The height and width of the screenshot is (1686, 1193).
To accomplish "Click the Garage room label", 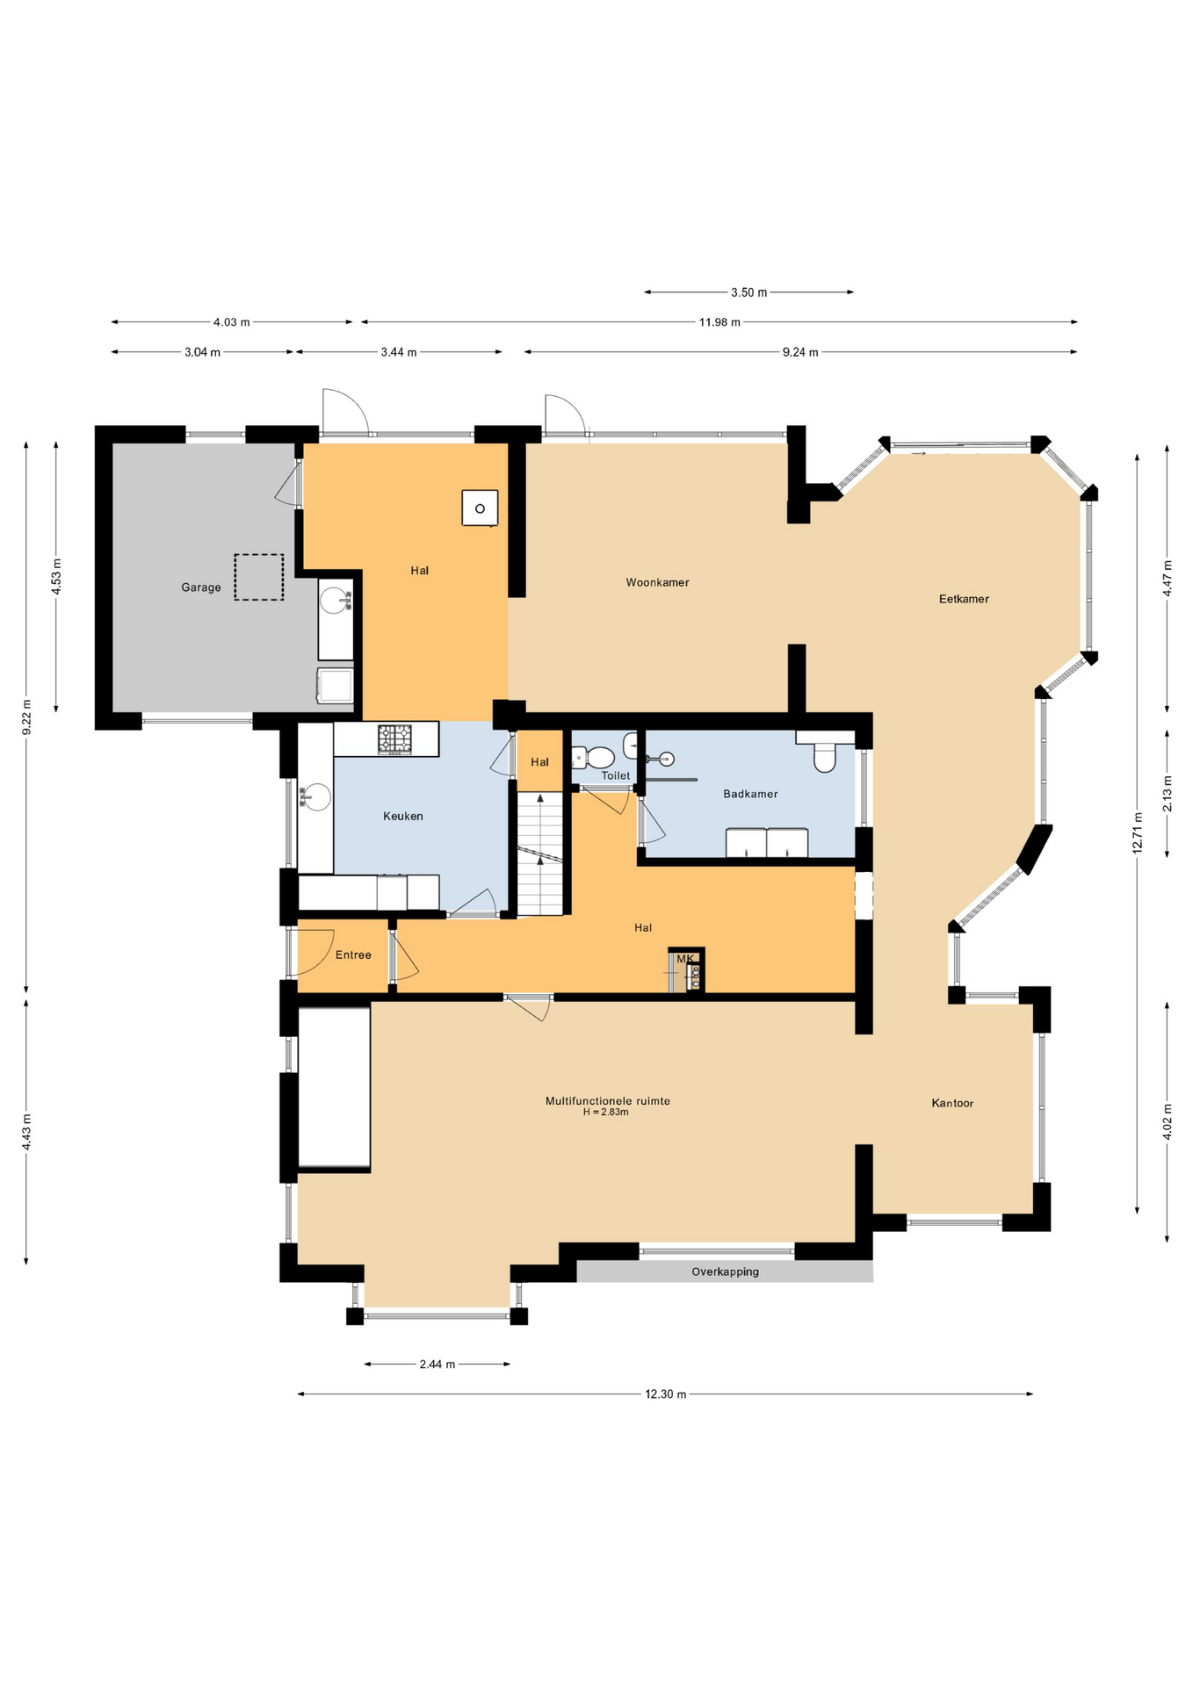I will point(201,587).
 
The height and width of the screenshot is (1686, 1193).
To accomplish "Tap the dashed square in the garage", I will point(258,577).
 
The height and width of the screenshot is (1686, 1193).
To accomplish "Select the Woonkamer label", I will point(657,582).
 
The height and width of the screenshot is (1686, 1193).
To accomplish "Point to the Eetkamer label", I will point(964,599).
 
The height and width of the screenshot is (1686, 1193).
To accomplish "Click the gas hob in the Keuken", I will point(394,739).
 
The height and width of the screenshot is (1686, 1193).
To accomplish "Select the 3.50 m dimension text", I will point(748,292).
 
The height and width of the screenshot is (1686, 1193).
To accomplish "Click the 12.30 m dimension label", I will point(665,1394).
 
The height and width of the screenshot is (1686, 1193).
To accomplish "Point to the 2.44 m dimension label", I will point(437,1364).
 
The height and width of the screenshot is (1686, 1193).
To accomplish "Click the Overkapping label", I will point(725,1272).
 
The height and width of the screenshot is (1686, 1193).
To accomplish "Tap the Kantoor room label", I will point(952,1103).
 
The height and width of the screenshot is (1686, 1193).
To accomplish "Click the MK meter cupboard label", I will point(685,958).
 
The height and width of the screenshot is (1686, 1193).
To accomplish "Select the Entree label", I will point(353,955).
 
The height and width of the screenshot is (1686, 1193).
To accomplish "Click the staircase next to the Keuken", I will point(539,852).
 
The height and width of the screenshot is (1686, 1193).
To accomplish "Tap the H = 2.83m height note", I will point(605,1112).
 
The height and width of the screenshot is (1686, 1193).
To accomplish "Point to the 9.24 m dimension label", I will point(800,352).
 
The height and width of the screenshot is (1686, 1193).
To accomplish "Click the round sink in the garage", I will point(334,601).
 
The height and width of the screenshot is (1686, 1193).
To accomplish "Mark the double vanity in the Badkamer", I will point(766,842).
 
